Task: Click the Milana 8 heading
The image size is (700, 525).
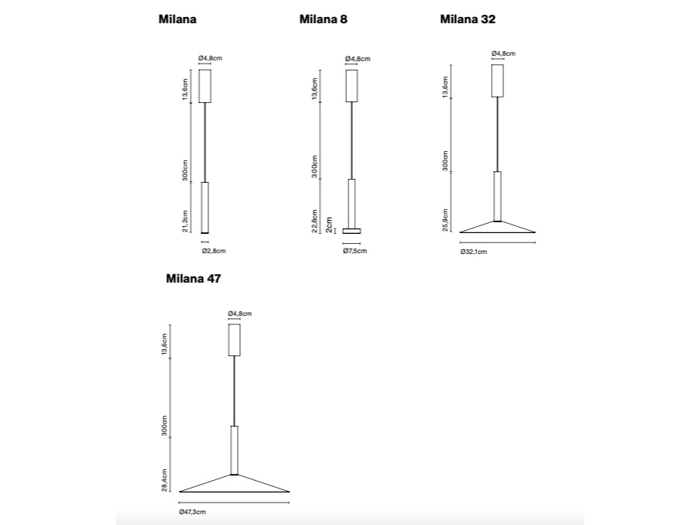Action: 323,19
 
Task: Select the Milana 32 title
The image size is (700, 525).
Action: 468,19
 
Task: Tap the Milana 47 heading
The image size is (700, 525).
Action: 194,279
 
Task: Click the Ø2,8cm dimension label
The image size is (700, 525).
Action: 214,251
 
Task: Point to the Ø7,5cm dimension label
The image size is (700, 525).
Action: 355,251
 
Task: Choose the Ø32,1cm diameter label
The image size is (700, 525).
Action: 474,252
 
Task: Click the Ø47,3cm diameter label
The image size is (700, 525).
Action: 192,512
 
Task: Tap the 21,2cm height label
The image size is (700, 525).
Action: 185,221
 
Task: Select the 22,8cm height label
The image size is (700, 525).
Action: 314,221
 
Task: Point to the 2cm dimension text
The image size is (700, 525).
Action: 329,225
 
